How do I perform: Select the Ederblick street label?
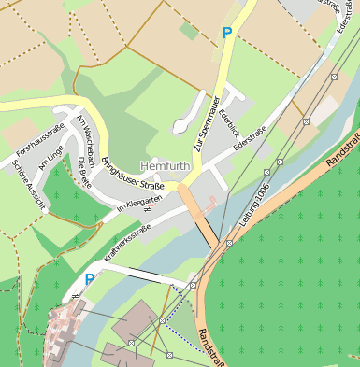click(227, 125)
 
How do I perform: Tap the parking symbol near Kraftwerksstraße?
click(90, 278)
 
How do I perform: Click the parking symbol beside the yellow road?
click(226, 33)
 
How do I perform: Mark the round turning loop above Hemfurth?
click(180, 125)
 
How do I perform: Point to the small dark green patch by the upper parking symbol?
click(190, 31)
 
